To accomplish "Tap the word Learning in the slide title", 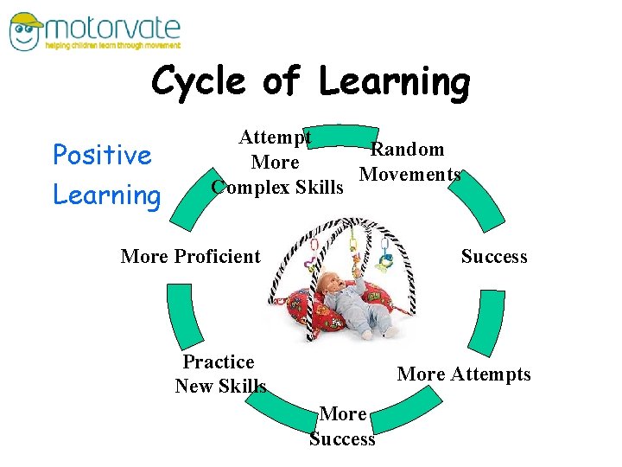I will (394, 82).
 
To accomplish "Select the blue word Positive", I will (102, 155).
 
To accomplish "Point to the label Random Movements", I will (409, 162).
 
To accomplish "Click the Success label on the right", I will (493, 256).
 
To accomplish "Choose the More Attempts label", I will (464, 374).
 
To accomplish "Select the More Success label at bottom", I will (342, 426).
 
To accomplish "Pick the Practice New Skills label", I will (219, 374).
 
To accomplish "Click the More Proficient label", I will (190, 256).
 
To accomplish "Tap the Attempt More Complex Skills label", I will (276, 162).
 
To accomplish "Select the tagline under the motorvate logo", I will (112, 45).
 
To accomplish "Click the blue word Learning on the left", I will (107, 194).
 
